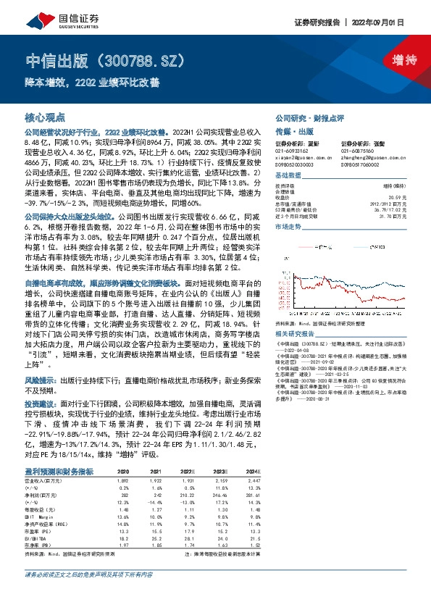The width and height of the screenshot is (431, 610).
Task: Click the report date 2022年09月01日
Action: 396,22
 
